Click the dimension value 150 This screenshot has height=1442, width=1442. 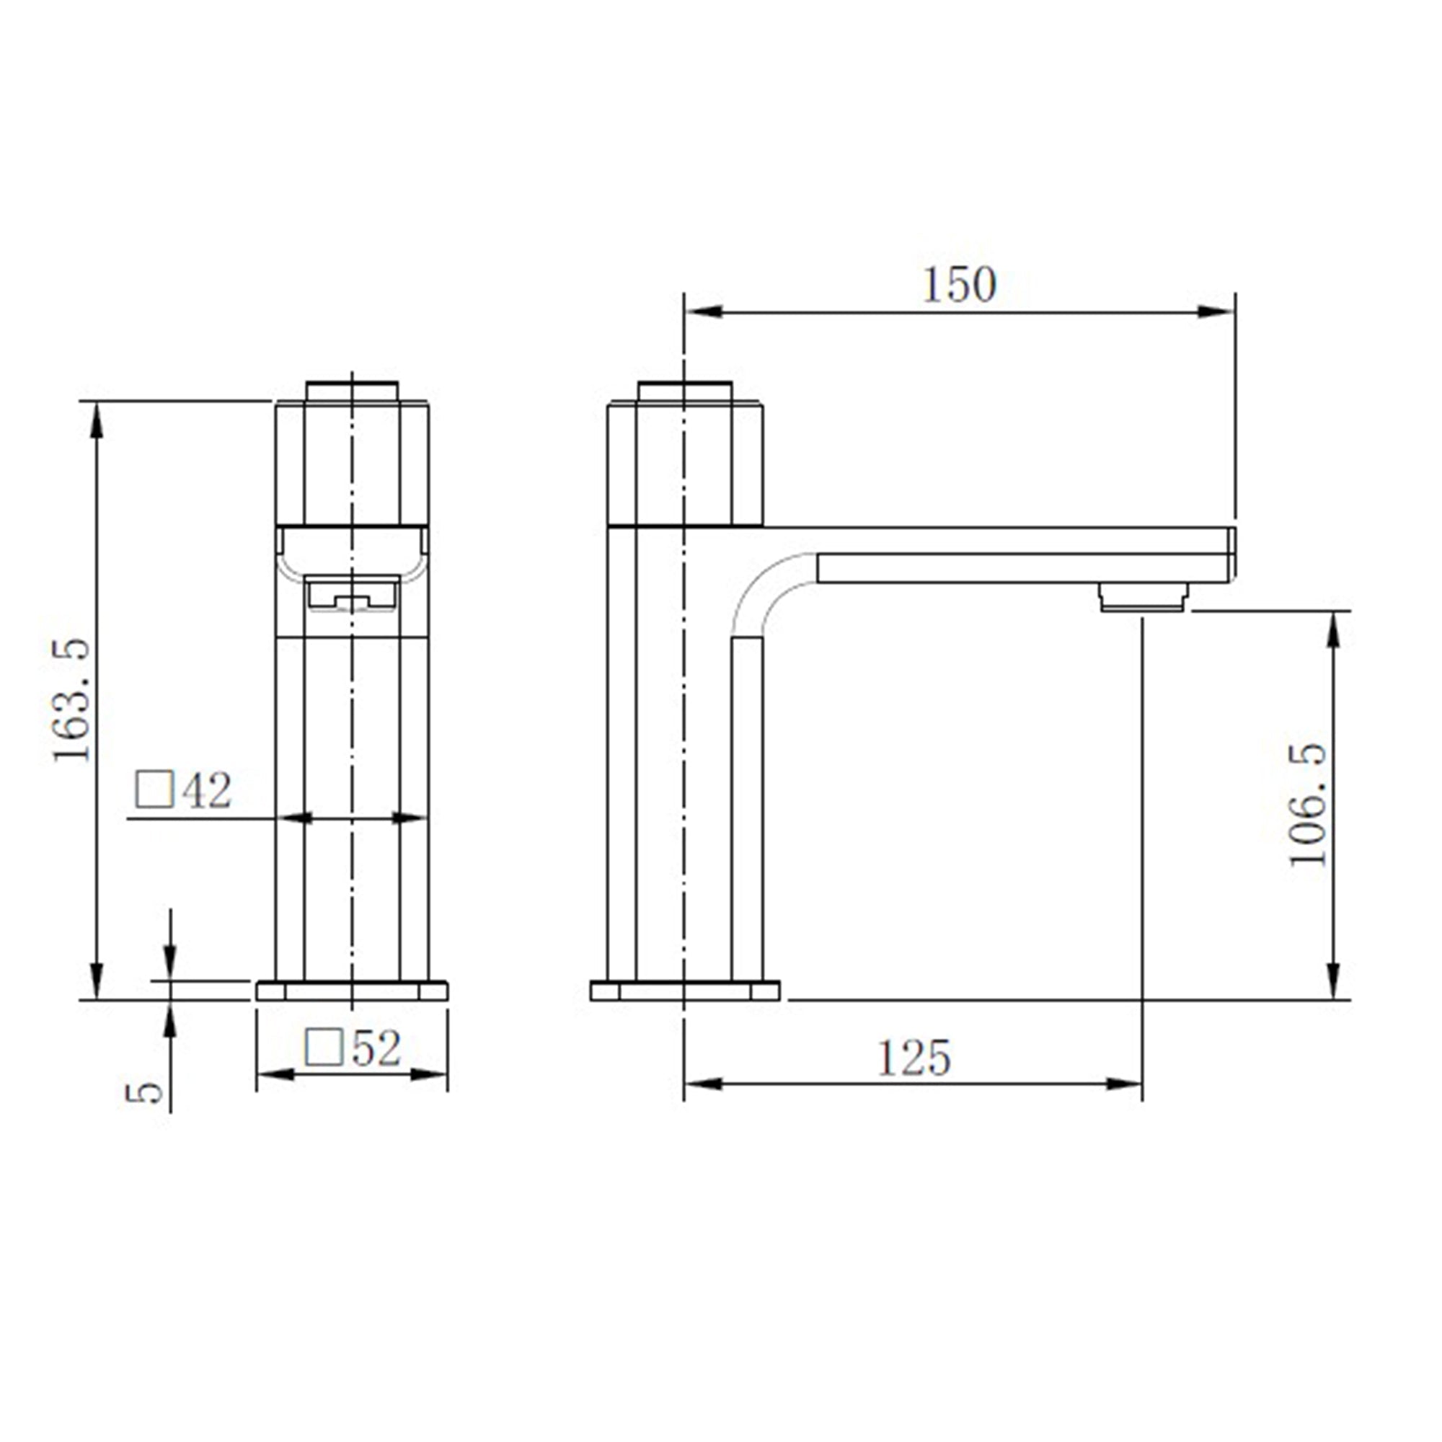(x=960, y=285)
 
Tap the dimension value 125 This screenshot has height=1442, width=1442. (x=914, y=1058)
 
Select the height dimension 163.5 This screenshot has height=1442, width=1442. (x=72, y=700)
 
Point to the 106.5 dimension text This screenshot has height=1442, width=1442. (x=1309, y=805)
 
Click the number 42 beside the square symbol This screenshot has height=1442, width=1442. (x=208, y=790)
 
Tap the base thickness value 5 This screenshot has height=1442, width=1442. (x=145, y=1093)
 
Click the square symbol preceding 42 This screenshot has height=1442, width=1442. (x=154, y=789)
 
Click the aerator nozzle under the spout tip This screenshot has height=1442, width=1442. (x=1143, y=598)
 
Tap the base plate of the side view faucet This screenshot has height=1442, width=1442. (x=684, y=991)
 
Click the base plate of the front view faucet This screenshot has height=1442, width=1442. (x=352, y=991)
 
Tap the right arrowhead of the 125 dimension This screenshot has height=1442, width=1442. (x=1124, y=1084)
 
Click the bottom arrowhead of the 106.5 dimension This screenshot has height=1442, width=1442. (x=1335, y=979)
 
